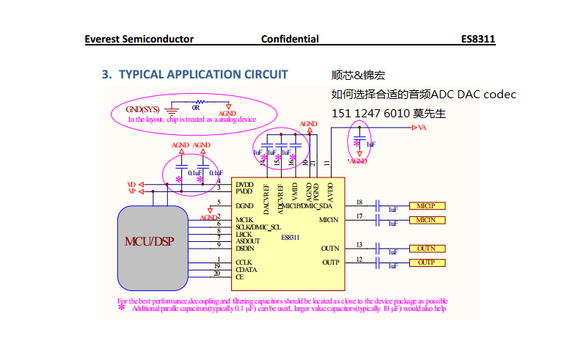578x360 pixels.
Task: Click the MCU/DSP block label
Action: click(149, 241)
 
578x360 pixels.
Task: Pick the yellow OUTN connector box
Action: click(426, 249)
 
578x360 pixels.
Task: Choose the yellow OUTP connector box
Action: click(426, 262)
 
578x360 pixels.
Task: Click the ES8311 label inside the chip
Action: click(290, 237)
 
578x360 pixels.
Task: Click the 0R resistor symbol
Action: click(199, 103)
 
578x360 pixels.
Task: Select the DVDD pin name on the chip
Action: click(244, 185)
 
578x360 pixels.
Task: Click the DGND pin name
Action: click(244, 206)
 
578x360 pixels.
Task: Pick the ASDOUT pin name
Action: click(248, 240)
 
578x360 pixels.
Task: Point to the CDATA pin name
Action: click(246, 269)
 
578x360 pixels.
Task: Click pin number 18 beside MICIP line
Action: click(359, 202)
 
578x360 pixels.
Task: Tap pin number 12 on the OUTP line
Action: click(359, 259)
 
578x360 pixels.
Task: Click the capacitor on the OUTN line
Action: click(378, 249)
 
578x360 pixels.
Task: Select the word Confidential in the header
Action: click(290, 39)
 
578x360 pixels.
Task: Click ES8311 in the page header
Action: click(478, 39)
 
